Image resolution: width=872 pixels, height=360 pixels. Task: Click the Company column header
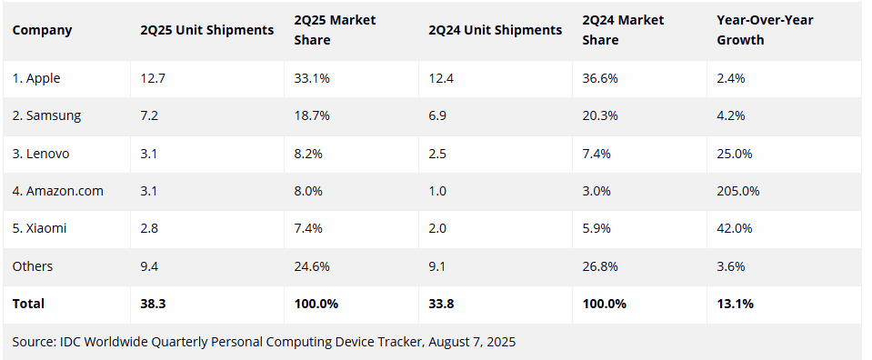[x=42, y=30]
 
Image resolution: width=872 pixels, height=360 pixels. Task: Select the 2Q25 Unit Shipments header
[x=206, y=30]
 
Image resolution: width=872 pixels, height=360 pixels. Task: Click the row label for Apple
[x=36, y=78]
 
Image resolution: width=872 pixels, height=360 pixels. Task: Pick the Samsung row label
[x=46, y=115]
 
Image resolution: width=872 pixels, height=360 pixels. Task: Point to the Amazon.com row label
[x=57, y=191]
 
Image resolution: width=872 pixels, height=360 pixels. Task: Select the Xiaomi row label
[x=40, y=228]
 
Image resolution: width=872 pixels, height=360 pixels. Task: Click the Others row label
[x=33, y=265]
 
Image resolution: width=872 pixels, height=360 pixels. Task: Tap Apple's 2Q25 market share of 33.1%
[x=312, y=78]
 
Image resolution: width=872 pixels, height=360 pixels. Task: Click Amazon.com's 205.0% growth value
[x=737, y=191]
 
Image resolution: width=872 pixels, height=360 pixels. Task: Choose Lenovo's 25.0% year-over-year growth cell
[x=734, y=154]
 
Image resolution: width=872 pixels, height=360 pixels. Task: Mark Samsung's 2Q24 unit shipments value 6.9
[x=437, y=115]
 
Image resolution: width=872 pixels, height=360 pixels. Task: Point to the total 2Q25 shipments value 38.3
[x=153, y=304]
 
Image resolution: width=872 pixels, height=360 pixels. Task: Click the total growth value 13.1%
[x=735, y=304]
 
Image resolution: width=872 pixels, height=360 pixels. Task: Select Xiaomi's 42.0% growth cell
[x=734, y=228]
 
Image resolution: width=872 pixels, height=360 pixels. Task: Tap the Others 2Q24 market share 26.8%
[x=600, y=265]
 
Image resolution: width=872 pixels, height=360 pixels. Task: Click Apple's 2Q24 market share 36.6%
[x=600, y=78]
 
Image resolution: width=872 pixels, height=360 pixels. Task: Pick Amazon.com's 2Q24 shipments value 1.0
[x=437, y=191]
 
